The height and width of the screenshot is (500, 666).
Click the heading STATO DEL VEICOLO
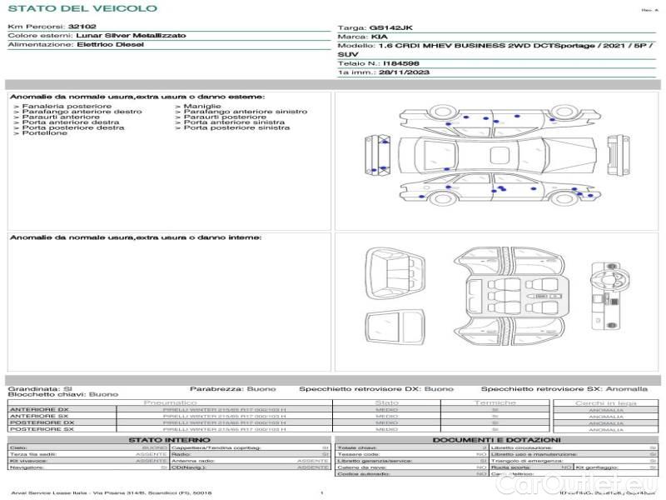82,9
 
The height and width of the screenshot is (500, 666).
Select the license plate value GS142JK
390,27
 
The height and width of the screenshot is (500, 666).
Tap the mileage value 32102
82,27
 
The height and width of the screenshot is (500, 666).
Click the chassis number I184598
401,63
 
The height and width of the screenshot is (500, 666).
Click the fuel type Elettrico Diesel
110,44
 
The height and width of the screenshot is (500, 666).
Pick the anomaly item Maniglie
202,107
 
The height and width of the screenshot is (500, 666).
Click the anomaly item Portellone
45,133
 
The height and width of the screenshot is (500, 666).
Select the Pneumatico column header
193,402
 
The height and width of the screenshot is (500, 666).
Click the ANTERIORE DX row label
39,410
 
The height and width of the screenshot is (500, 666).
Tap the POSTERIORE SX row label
41,429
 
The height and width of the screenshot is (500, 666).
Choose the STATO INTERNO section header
163,440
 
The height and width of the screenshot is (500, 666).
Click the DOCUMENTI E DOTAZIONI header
496,440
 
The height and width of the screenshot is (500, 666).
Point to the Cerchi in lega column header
605,402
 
